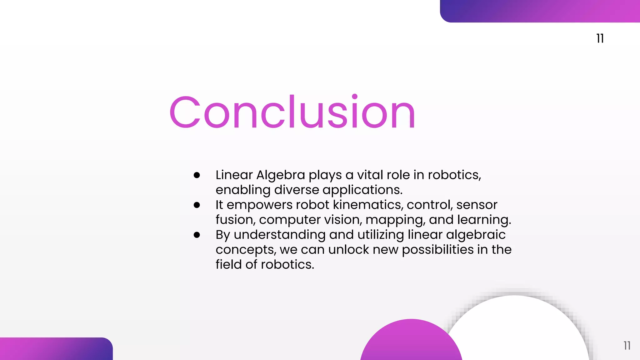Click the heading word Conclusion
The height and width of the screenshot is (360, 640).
click(x=292, y=112)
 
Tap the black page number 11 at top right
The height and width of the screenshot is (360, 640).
click(x=600, y=38)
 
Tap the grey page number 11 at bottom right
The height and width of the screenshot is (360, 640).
click(x=627, y=346)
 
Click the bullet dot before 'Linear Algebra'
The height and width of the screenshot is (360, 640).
click(x=197, y=175)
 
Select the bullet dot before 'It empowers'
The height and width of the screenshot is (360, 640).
click(x=197, y=205)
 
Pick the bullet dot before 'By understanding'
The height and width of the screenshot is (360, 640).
click(x=197, y=235)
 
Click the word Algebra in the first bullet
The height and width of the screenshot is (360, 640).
click(x=281, y=175)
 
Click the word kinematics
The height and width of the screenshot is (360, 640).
click(x=368, y=205)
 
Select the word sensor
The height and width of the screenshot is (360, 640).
click(x=477, y=205)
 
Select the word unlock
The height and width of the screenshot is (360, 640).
click(x=348, y=250)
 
